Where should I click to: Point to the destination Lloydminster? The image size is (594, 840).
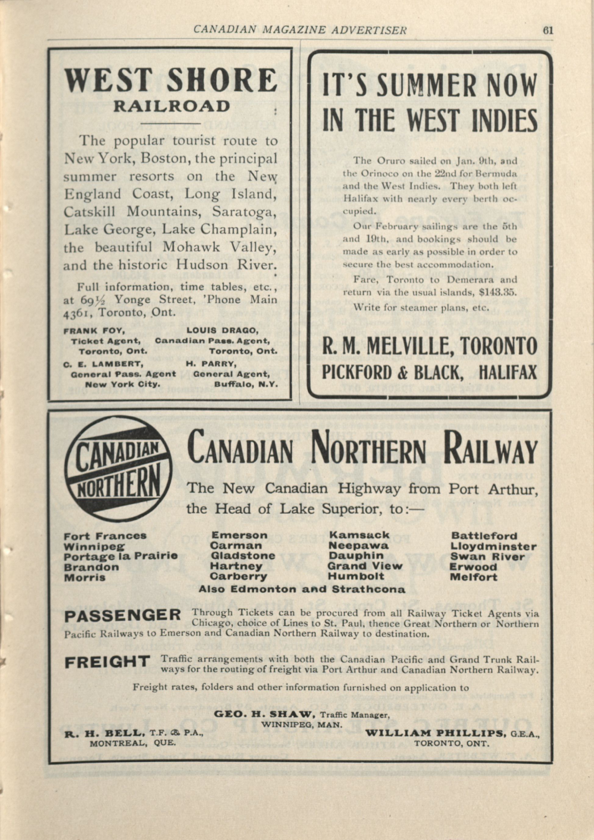click(493, 547)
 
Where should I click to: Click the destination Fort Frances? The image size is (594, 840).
click(105, 536)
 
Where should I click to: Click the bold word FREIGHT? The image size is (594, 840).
click(107, 662)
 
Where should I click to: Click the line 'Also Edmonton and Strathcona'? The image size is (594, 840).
click(302, 589)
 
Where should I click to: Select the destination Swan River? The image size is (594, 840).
click(487, 557)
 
